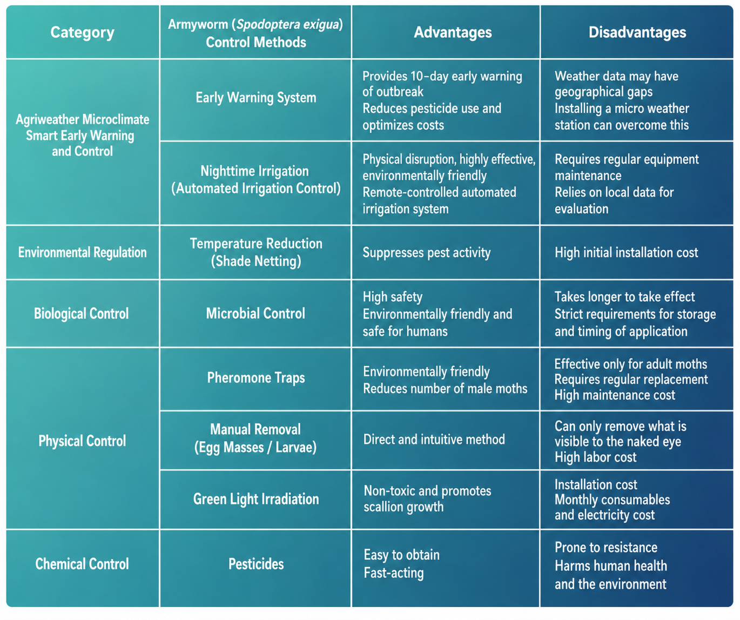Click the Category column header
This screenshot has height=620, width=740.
coord(82,32)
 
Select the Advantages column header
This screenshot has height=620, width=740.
coord(453,32)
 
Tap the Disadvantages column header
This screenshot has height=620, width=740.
coord(637,32)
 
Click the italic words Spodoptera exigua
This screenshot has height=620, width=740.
coord(287,24)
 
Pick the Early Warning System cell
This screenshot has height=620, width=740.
coord(256,97)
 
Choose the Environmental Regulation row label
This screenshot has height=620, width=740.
coord(82,252)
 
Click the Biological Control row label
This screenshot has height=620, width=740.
coord(81,314)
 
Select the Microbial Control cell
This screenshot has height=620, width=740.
coord(255,313)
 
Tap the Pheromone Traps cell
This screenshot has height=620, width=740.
coord(256,378)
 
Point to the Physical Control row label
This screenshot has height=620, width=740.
coord(82,441)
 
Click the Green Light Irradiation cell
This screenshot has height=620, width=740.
coord(256,499)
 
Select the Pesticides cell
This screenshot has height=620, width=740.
coord(256,564)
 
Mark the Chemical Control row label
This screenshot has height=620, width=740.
coord(82,564)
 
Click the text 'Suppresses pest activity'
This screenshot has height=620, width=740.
coord(427,253)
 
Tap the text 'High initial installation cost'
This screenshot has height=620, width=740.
coord(626,253)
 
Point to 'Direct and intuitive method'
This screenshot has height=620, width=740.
coord(434,439)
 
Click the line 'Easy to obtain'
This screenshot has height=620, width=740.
coord(401,555)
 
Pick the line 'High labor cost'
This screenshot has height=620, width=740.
coord(595,457)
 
